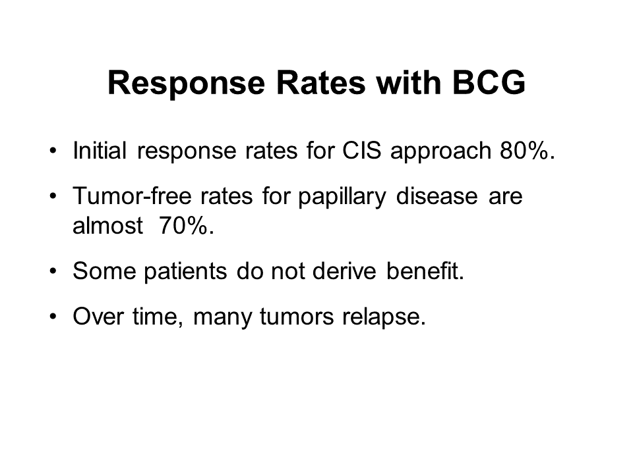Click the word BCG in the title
(x=489, y=83)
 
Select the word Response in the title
(x=186, y=86)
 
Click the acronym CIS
(x=362, y=151)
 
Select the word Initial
(x=100, y=151)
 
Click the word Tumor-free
(x=132, y=196)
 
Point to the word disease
(x=437, y=196)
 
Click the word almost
(x=107, y=225)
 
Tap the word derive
(x=344, y=271)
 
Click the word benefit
(x=425, y=271)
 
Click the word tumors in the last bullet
(x=297, y=317)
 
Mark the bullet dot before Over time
(x=53, y=317)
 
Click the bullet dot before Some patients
(x=53, y=271)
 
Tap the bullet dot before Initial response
(x=53, y=151)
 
